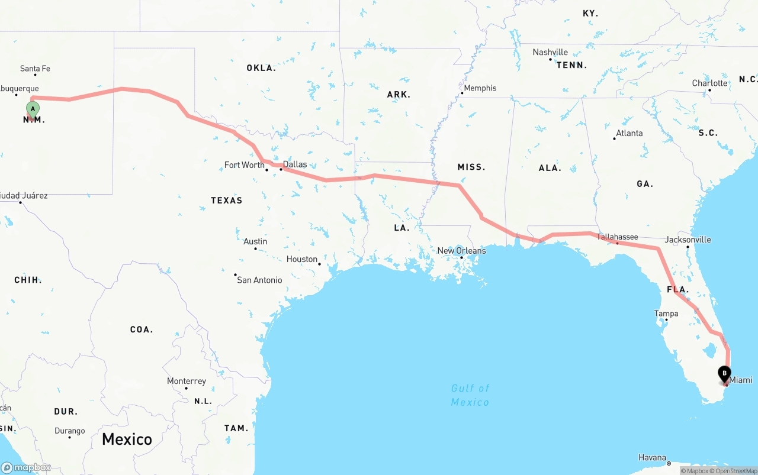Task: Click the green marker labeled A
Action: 33,109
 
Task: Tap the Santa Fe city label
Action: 35,69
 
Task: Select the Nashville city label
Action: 550,52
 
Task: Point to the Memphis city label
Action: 480,88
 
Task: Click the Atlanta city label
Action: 629,133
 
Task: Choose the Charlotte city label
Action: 709,83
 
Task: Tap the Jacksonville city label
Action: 688,240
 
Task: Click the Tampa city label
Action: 666,314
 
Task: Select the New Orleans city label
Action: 461,251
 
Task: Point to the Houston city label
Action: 302,259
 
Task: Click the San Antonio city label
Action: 259,280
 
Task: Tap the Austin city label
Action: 255,241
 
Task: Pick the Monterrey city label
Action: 187,381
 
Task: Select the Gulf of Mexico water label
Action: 470,395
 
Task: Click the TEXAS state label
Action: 227,201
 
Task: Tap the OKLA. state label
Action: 261,68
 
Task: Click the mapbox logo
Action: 26,467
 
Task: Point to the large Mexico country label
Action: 127,439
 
